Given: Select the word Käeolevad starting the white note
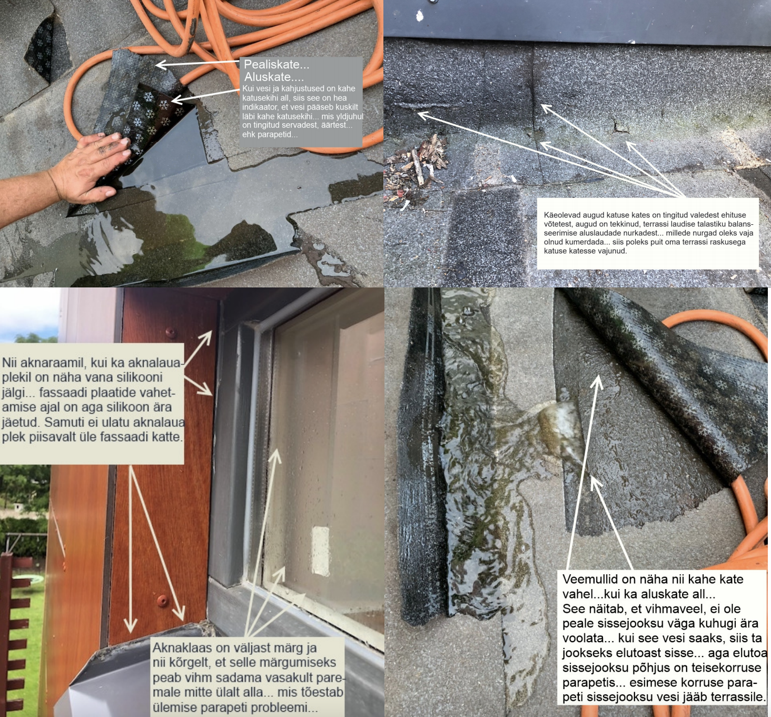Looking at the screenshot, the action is click(x=561, y=215).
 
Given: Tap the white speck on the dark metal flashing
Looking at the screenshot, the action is click(x=420, y=16).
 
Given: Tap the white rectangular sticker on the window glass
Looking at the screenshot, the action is click(x=321, y=551).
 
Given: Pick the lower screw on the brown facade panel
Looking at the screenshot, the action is click(x=163, y=600).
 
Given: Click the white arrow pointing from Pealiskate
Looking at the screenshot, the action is click(x=197, y=63).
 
